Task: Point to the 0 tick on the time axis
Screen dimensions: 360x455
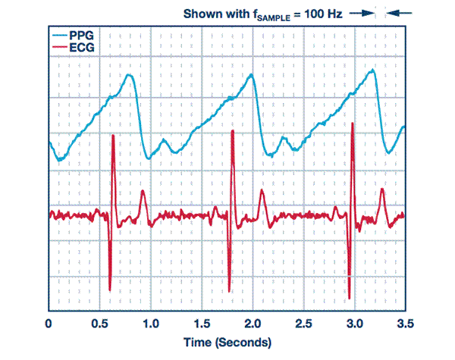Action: (x=49, y=324)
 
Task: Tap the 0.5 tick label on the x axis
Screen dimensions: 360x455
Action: (x=99, y=324)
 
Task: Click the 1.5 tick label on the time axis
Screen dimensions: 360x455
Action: (x=202, y=324)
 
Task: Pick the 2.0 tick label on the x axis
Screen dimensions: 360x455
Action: (x=253, y=324)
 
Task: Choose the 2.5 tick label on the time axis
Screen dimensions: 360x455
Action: (x=303, y=324)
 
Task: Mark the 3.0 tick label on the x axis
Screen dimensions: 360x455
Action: (x=354, y=324)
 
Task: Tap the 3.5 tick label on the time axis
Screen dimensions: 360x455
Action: (x=405, y=324)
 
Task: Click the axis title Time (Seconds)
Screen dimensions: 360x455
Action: (x=226, y=343)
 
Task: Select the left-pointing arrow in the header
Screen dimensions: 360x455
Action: (x=403, y=13)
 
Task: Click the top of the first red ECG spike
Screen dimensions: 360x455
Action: (x=113, y=136)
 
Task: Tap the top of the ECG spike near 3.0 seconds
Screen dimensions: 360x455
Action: (x=353, y=124)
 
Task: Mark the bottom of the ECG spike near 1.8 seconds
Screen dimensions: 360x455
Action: (x=230, y=290)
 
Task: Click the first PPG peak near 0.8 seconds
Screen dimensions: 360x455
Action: (x=131, y=74)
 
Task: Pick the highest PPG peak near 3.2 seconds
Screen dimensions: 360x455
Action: (x=372, y=70)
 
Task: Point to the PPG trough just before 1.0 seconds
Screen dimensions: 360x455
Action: (x=149, y=158)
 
